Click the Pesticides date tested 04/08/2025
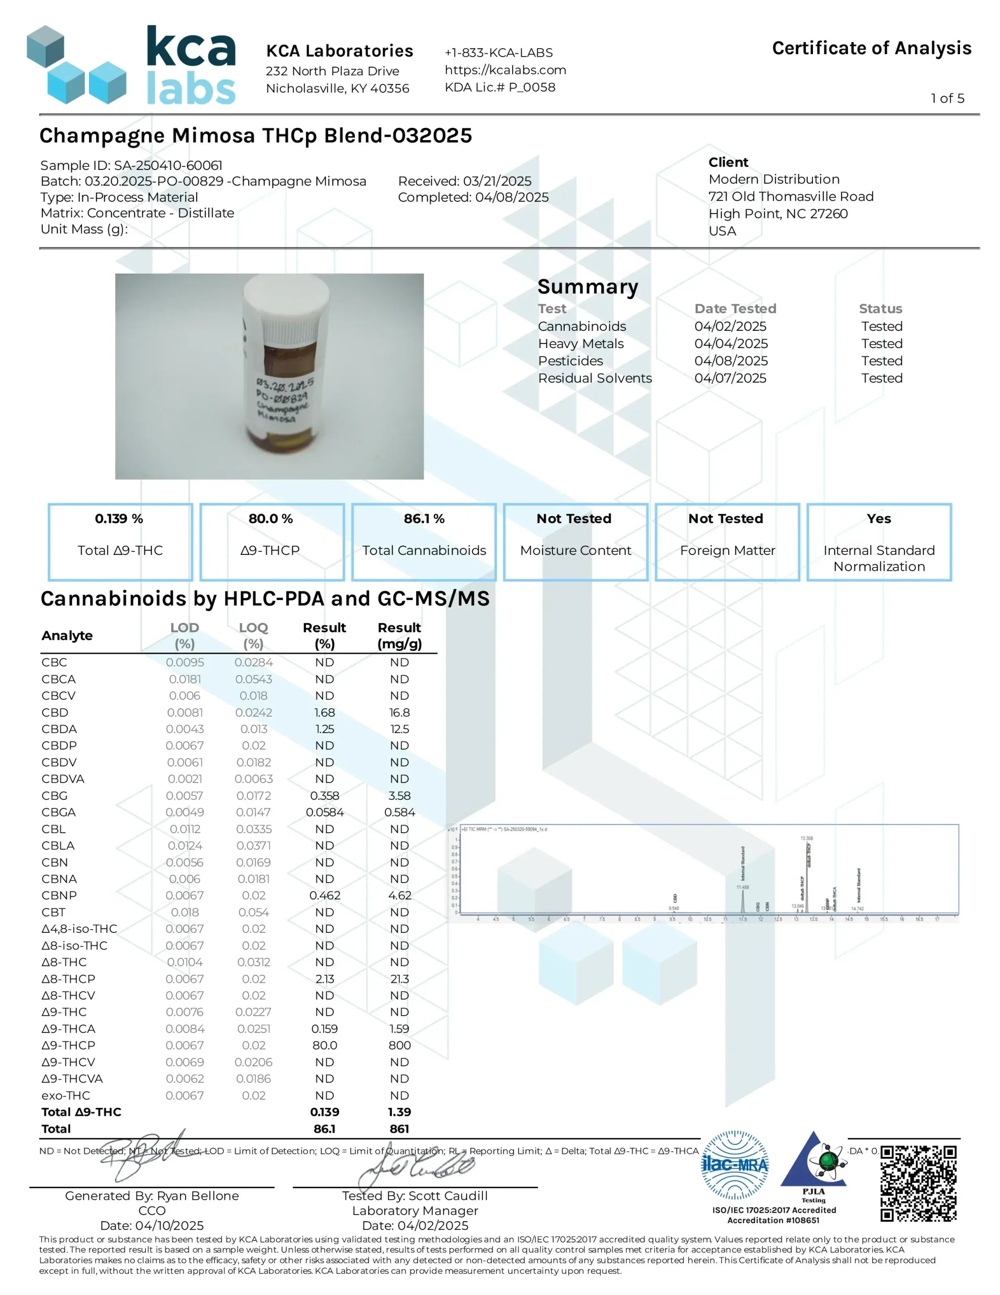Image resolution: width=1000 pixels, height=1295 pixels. click(731, 361)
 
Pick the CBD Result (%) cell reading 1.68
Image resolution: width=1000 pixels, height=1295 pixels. click(324, 712)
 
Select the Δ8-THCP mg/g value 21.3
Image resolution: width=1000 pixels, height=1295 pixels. click(399, 978)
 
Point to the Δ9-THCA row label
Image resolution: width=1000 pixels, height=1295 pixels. click(68, 1028)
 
